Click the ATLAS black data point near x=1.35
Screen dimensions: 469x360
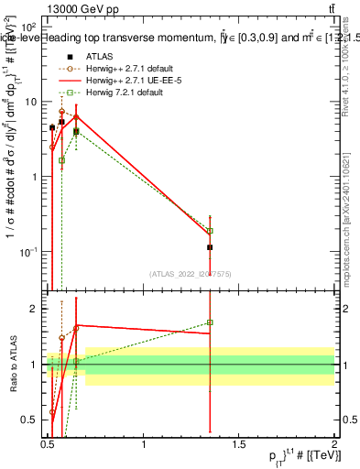click(x=210, y=247)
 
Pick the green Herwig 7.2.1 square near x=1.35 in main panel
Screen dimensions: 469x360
click(x=210, y=231)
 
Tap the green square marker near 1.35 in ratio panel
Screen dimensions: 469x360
click(x=210, y=322)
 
